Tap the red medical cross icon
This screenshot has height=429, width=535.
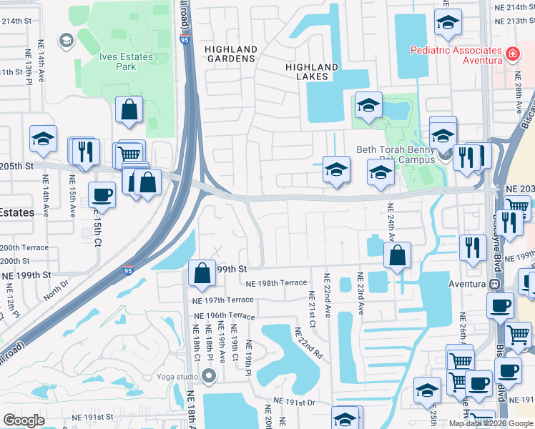coord(511,54)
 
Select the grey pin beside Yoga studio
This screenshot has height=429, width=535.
coord(208,375)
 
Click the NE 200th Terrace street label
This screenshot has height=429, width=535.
coord(24,247)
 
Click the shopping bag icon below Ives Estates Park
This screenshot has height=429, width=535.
coord(129,110)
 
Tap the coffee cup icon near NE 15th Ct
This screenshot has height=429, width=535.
coord(102,194)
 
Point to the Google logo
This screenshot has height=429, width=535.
coord(24,420)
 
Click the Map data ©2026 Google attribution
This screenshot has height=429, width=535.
coord(491,423)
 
